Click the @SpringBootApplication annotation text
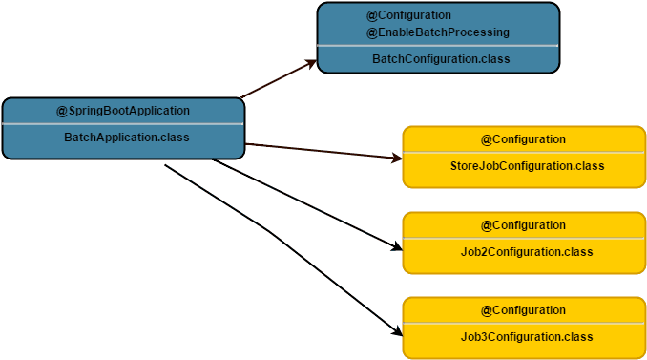coord(123,111)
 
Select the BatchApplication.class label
coord(126,138)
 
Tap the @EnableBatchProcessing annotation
coord(438,32)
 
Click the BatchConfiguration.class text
coord(441,59)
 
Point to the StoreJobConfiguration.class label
coord(527,166)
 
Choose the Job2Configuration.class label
coord(527,252)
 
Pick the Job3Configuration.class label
coord(527,337)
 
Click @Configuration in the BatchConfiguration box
coord(409,15)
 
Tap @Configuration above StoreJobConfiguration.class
coord(523,139)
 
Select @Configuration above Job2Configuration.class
coord(523,225)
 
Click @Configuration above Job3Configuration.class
coord(523,310)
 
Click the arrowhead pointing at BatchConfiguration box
coord(311,63)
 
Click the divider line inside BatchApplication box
coord(123,124)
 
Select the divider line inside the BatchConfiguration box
coord(438,46)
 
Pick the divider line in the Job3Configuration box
coord(524,324)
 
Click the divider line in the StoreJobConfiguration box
coord(524,153)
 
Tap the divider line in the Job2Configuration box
coord(524,239)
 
